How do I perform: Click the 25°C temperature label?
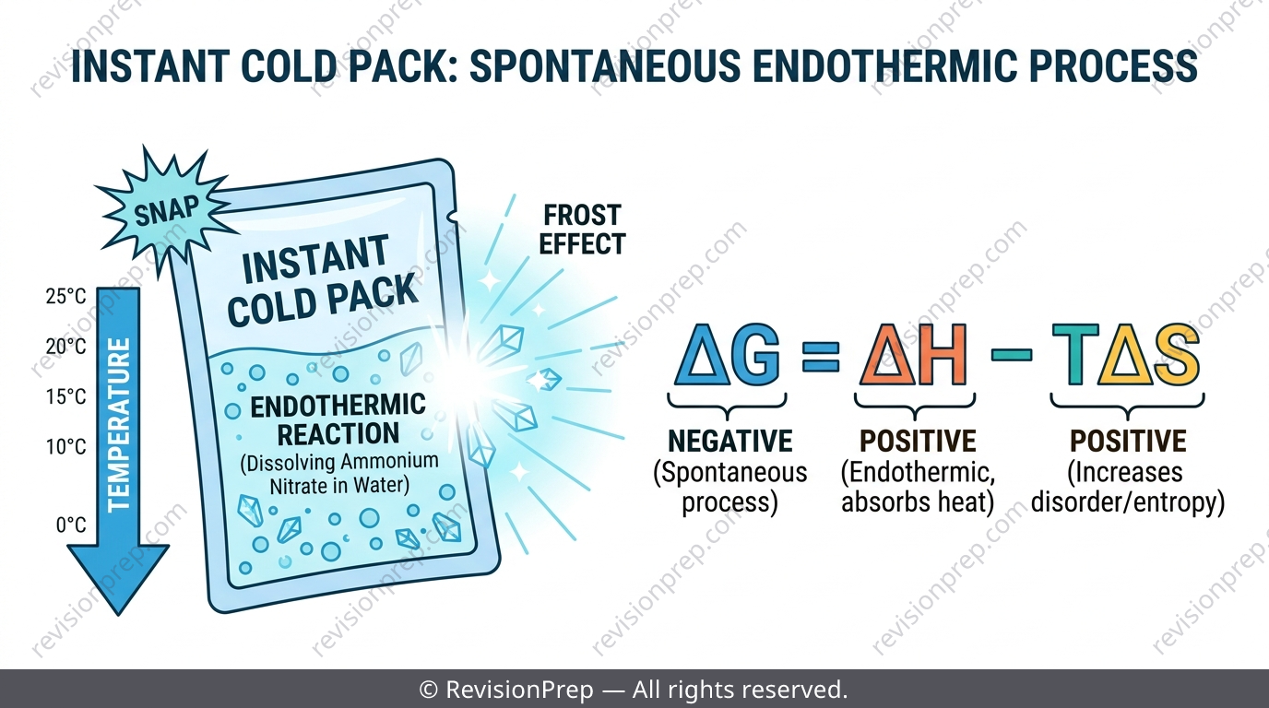point(66,296)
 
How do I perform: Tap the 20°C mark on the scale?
point(66,346)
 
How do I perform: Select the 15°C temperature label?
point(66,396)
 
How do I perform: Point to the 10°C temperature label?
point(66,447)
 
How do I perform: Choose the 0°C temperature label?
point(71,525)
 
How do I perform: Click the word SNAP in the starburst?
point(167,210)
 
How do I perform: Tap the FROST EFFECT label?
point(582,230)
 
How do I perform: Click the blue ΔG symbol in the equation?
point(728,355)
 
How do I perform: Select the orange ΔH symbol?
point(914,355)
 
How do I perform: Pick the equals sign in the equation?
point(820,356)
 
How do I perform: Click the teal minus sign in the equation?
point(1011,355)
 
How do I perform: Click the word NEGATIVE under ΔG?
point(729,441)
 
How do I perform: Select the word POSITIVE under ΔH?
point(918,441)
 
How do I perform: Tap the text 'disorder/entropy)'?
point(1127,501)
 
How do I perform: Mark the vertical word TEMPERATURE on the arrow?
point(118,425)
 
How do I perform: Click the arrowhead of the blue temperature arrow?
point(118,578)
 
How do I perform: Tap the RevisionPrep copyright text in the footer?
point(634,690)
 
